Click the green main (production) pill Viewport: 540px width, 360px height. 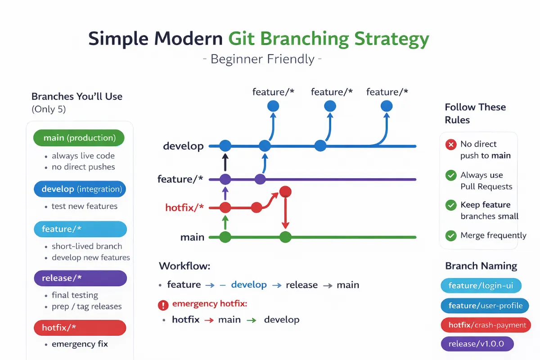coord(79,138)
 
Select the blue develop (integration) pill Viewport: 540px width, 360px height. coord(80,189)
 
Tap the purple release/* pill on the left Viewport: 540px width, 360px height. coord(81,278)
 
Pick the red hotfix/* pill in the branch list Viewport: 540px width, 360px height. coord(80,328)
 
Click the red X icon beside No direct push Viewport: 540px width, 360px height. coord(450,144)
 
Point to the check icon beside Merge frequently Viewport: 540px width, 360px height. coord(450,235)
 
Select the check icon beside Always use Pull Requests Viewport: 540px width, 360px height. coord(450,175)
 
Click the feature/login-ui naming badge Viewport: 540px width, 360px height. coord(481,285)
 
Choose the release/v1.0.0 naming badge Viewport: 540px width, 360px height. coord(477,344)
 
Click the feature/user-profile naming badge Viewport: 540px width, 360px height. coord(485,306)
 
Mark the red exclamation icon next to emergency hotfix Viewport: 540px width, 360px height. coord(163,306)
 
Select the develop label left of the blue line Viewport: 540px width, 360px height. coord(183,146)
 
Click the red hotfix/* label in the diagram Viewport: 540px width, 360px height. coord(184,207)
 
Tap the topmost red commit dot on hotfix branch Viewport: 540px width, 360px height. coord(285,192)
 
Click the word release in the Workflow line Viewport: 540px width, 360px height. coord(301,285)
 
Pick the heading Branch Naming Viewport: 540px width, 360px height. coord(481,266)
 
